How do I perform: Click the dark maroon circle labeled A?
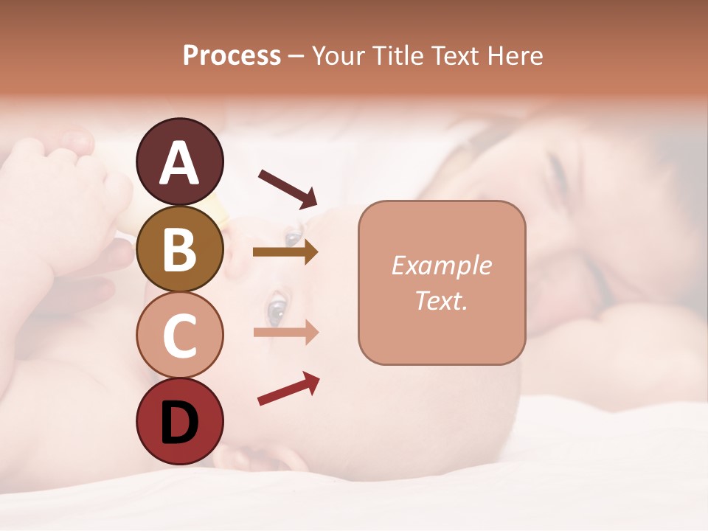coord(179,162)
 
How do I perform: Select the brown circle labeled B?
coord(179,249)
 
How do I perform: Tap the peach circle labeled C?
coord(179,335)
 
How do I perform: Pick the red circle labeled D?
coord(179,421)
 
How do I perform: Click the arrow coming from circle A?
coord(288,188)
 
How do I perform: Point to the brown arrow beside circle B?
coord(285,252)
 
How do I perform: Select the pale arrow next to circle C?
coord(285,332)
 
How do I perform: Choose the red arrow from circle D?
coord(288,389)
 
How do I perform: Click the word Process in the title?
coord(232,56)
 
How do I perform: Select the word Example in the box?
coord(442,265)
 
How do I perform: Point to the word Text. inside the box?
coord(442,300)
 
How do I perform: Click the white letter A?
coord(179,163)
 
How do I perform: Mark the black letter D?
coord(179,423)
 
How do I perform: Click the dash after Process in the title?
coord(296,57)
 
